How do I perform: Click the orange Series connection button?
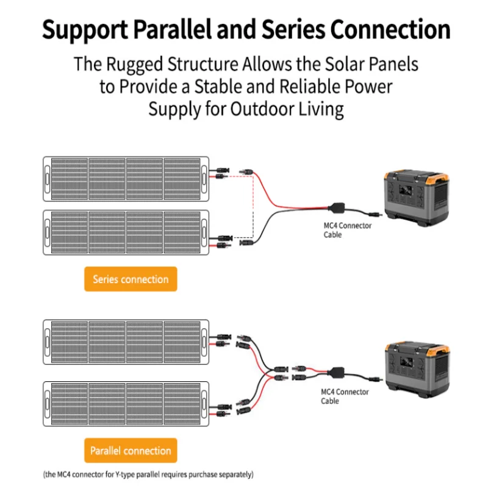(x=131, y=279)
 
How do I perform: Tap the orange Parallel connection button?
(x=131, y=451)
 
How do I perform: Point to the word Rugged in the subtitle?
(x=140, y=64)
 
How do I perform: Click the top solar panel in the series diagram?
(x=126, y=179)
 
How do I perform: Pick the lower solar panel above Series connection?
(x=126, y=231)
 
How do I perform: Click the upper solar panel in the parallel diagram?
(x=126, y=342)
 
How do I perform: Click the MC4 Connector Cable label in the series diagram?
(x=347, y=230)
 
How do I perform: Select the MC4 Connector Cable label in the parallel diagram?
(x=345, y=396)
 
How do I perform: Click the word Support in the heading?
(x=80, y=30)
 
